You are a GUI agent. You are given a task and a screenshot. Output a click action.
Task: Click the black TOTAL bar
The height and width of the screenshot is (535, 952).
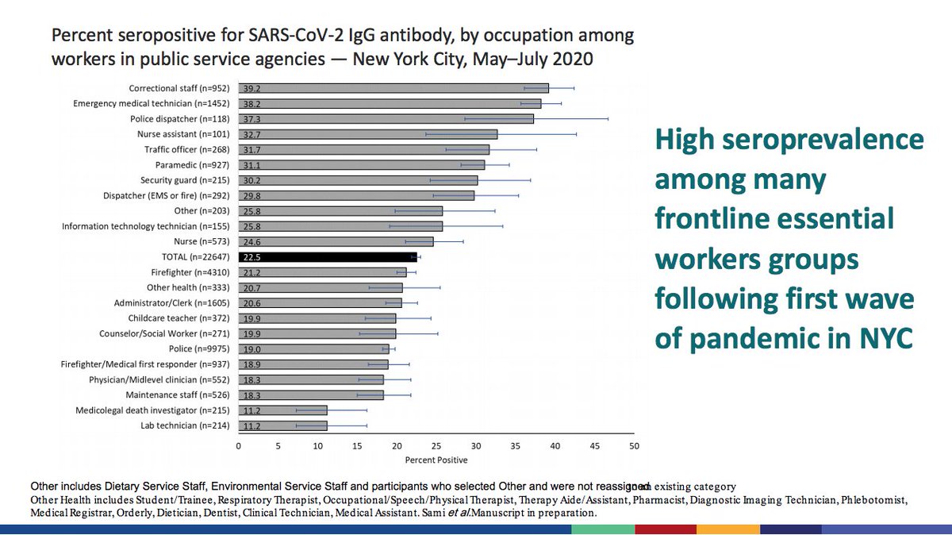(327, 257)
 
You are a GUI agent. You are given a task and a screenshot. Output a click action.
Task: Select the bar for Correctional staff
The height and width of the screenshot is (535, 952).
(393, 88)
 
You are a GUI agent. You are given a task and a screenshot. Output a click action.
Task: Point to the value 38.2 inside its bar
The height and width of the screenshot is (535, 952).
(251, 103)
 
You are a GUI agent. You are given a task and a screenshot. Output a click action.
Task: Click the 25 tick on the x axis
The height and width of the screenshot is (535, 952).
(436, 446)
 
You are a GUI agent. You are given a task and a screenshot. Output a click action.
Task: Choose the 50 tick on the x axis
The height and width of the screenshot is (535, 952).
(633, 446)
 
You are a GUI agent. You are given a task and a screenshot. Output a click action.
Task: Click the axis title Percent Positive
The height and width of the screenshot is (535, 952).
(436, 460)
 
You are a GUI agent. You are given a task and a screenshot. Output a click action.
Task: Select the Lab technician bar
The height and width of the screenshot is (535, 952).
(282, 425)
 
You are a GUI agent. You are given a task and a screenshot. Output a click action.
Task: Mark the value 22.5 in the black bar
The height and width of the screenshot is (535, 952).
(251, 257)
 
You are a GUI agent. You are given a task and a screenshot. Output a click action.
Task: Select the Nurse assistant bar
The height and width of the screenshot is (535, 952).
(367, 134)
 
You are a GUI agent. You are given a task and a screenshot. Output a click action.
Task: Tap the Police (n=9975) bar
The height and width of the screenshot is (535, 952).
(313, 349)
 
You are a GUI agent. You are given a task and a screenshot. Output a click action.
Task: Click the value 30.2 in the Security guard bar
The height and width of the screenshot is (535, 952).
(251, 180)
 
